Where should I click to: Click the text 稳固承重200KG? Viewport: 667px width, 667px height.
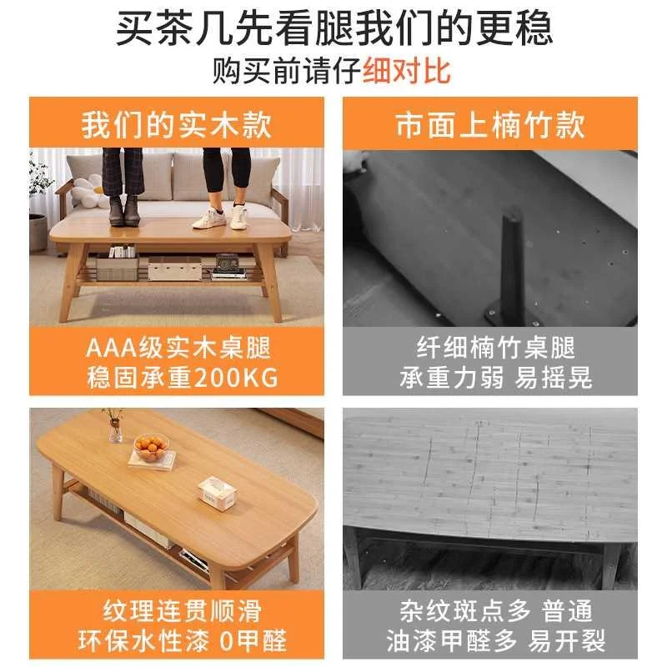click(x=176, y=378)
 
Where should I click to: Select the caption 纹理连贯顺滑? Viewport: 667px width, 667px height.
click(x=176, y=611)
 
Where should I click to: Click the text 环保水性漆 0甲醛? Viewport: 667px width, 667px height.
click(x=176, y=640)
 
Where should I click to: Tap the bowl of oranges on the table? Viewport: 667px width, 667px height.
click(x=151, y=449)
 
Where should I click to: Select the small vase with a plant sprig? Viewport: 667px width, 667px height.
click(x=114, y=427)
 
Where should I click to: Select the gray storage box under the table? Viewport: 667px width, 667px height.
click(x=118, y=268)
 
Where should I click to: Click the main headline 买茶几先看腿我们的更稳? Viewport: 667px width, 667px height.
click(x=333, y=29)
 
